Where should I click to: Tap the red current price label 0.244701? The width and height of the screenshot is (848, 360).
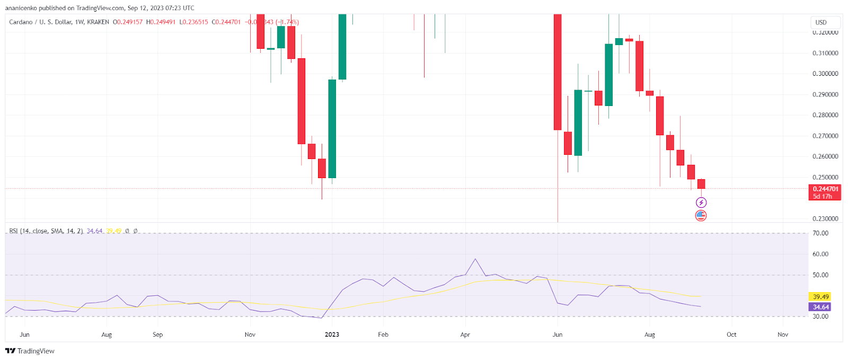point(826,189)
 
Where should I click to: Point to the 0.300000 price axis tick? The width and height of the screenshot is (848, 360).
point(825,74)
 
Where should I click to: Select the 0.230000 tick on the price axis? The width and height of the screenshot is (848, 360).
point(825,218)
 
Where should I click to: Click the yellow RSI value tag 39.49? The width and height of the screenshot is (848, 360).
point(820,297)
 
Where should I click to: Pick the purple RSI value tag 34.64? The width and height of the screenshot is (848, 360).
point(820,307)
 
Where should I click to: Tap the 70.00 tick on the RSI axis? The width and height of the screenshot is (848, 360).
point(820,233)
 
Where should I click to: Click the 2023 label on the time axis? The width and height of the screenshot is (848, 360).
point(332,335)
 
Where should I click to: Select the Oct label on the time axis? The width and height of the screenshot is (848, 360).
point(731,335)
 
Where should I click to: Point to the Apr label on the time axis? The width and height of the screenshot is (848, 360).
point(465,335)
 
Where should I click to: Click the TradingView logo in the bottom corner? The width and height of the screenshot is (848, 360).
point(30,351)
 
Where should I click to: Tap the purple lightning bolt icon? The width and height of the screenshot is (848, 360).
point(701,203)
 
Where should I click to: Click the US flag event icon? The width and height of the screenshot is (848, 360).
point(701,215)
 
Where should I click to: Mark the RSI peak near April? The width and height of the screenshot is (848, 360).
point(475,259)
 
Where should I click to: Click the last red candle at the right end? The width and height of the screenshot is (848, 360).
point(701,184)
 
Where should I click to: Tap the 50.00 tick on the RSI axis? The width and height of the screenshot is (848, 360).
point(820,275)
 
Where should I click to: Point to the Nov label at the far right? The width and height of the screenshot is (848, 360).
point(782,335)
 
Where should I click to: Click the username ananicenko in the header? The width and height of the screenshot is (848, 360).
point(21,8)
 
